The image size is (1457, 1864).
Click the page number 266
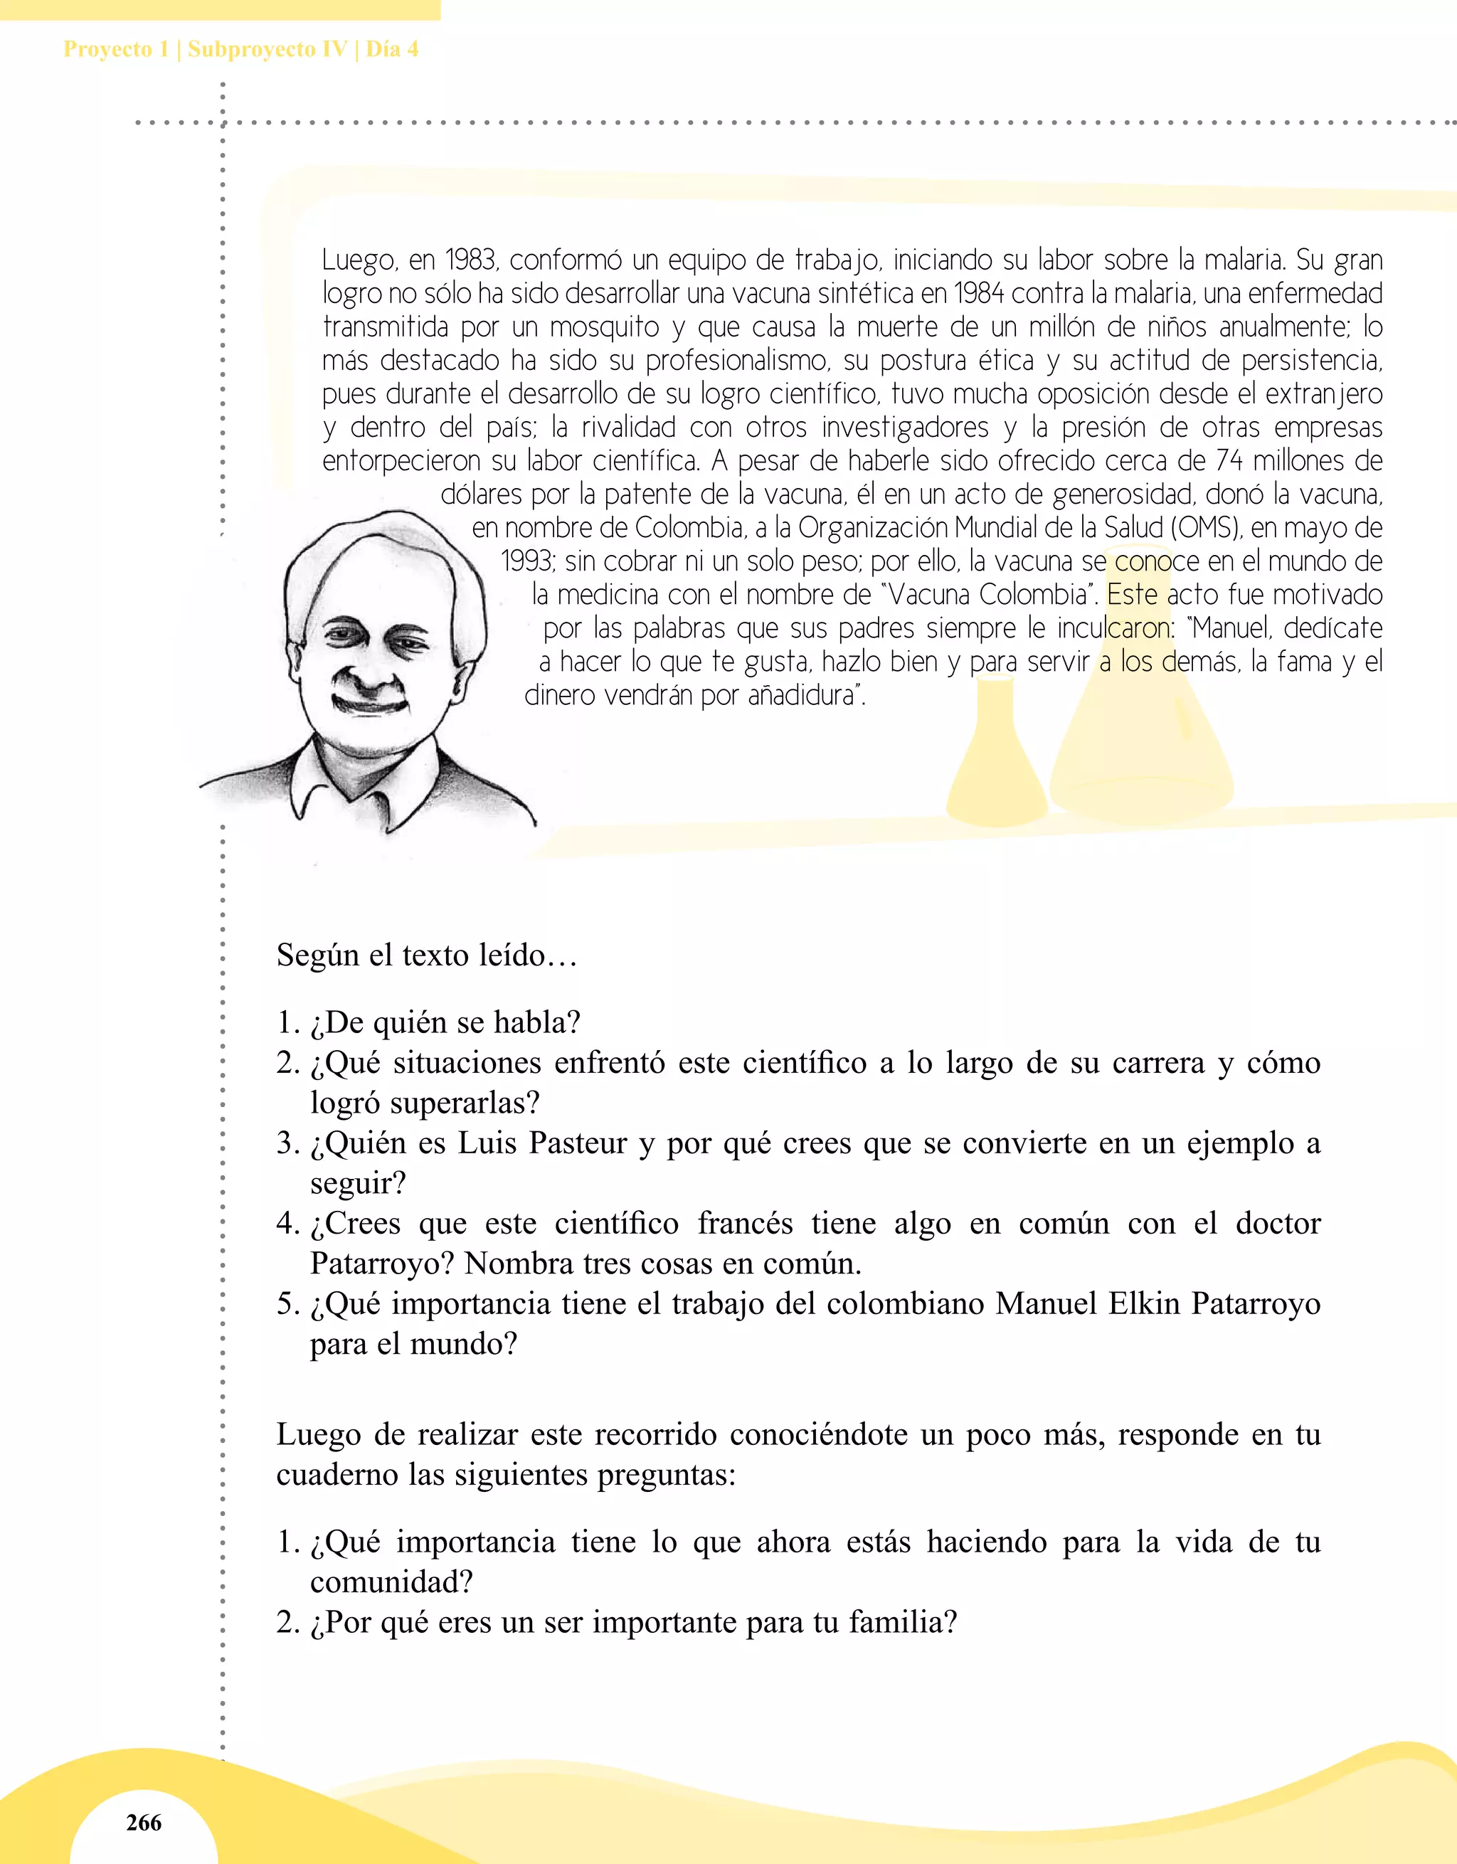pos(144,1822)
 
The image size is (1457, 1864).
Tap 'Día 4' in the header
pos(392,48)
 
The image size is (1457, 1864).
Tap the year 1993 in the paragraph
pos(527,561)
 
